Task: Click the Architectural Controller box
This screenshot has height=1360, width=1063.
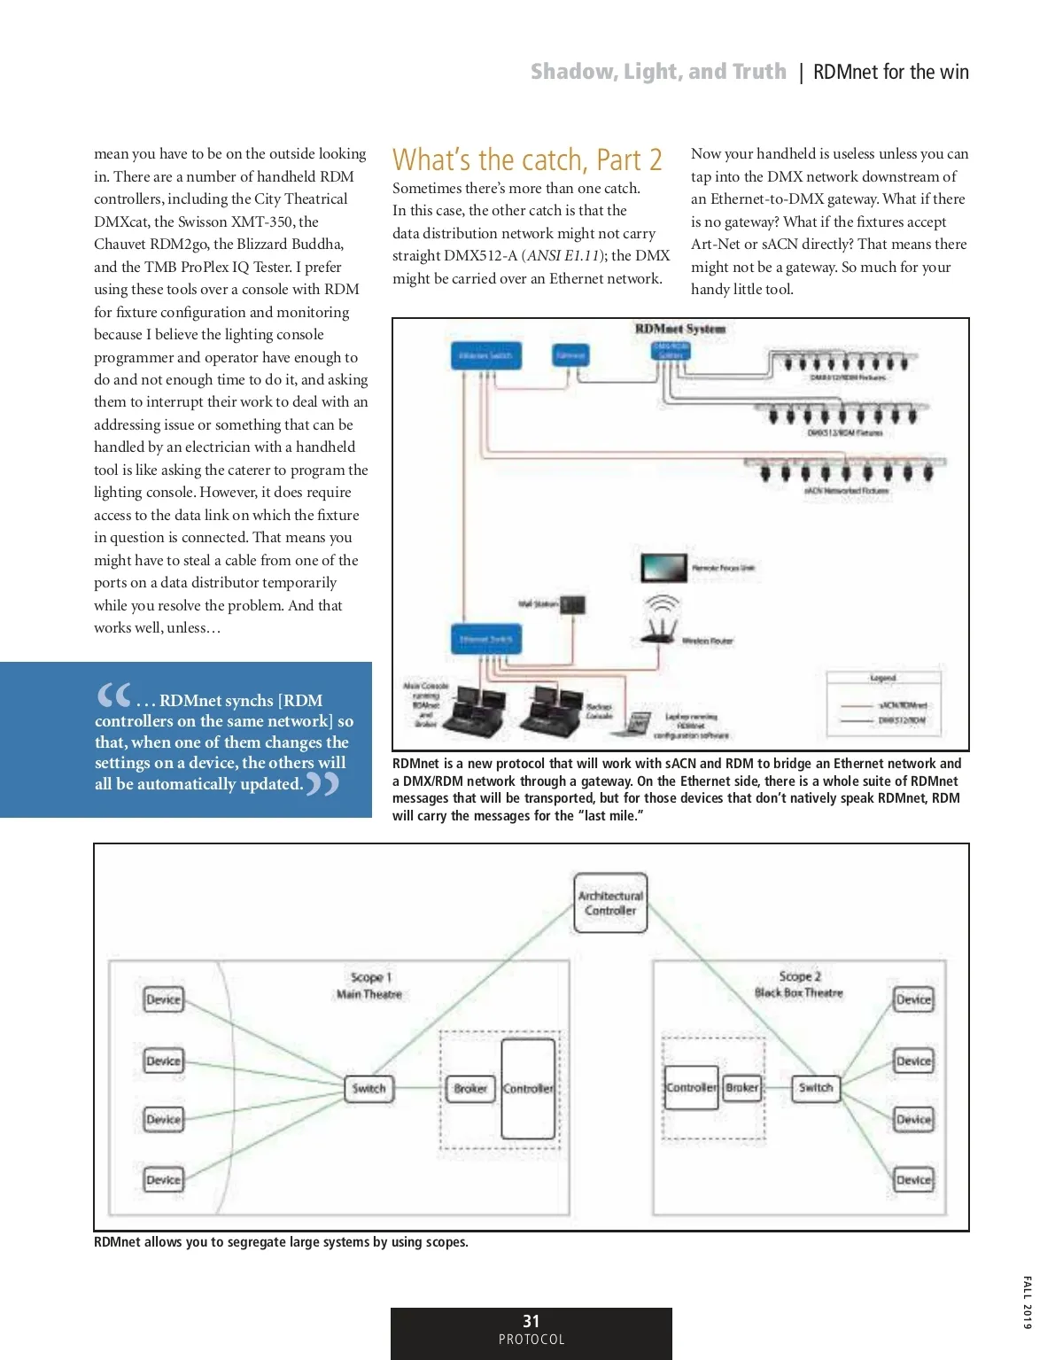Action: point(610,903)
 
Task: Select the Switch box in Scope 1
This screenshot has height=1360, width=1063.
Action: point(369,1088)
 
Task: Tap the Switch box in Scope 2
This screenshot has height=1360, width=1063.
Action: point(815,1087)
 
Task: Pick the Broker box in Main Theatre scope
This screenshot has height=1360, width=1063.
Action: point(470,1088)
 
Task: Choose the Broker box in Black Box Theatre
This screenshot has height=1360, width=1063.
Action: point(741,1087)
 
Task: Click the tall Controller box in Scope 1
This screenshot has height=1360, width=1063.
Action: point(528,1088)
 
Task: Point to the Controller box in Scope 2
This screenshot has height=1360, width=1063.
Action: point(691,1087)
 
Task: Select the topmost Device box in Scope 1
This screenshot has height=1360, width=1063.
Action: point(163,999)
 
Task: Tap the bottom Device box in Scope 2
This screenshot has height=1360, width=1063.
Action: point(913,1179)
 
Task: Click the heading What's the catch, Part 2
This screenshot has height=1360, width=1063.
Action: point(527,159)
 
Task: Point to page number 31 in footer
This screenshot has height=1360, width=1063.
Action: point(531,1321)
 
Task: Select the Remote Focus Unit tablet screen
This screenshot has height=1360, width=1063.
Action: point(663,567)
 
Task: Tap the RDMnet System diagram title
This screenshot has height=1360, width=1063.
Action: point(679,329)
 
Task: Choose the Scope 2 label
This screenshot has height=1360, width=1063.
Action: point(800,975)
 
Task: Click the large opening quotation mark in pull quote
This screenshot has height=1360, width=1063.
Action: point(113,696)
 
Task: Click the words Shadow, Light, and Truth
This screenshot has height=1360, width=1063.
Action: point(658,72)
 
